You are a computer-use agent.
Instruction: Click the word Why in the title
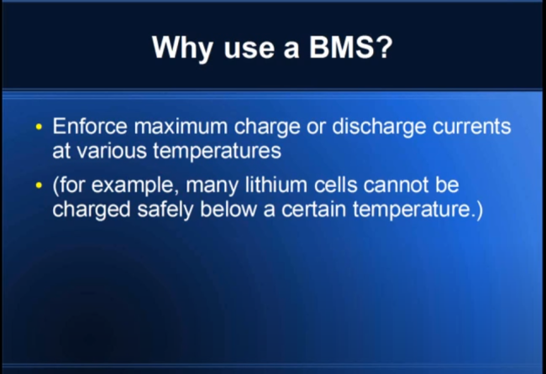(x=181, y=49)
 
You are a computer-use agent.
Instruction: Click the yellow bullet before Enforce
(x=39, y=127)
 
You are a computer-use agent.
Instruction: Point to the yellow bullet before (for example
(x=39, y=185)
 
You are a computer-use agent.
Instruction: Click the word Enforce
(x=90, y=126)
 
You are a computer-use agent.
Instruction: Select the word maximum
(x=181, y=126)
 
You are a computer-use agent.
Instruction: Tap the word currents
(x=472, y=127)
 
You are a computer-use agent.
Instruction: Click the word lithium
(x=276, y=184)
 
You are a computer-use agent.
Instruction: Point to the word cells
(x=336, y=184)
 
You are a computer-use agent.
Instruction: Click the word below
(x=228, y=210)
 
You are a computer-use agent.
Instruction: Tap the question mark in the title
(x=385, y=47)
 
